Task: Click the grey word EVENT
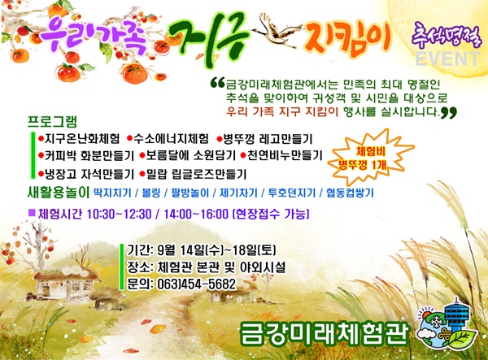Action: [447, 59]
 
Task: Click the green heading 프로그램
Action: [52, 122]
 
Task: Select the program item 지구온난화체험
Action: [82, 138]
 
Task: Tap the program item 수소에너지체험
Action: [171, 138]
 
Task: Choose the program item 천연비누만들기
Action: [285, 155]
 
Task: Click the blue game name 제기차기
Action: [238, 193]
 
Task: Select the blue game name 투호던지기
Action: [292, 193]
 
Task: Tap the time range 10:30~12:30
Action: [120, 214]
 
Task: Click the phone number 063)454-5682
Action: [196, 284]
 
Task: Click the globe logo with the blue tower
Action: [447, 324]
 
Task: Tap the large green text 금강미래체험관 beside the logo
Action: [324, 333]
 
